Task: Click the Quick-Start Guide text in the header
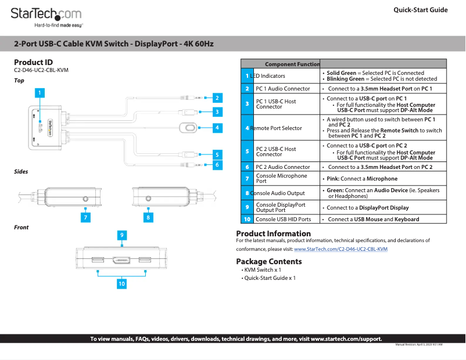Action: [x=420, y=10]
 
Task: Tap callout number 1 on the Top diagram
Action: [x=40, y=92]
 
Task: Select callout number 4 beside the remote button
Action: [x=216, y=127]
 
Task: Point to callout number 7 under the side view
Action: [x=85, y=217]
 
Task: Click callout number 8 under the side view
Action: [x=148, y=217]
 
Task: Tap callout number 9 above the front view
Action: [x=122, y=235]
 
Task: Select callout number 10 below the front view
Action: [x=121, y=284]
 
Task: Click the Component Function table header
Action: [x=292, y=64]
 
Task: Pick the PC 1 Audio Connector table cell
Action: [x=283, y=89]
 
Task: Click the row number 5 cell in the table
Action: [x=247, y=152]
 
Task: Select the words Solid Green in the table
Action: [x=341, y=73]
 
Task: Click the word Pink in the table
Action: [x=333, y=179]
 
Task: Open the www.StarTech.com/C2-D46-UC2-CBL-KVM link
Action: [x=340, y=249]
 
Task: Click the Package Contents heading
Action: [x=268, y=261]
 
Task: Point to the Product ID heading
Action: [x=33, y=62]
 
